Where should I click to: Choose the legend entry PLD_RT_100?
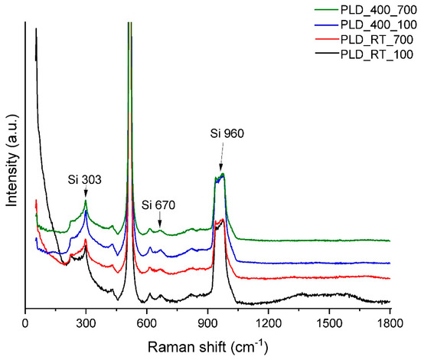[x=374, y=54]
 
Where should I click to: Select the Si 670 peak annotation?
[x=159, y=205]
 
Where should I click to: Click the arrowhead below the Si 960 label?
[x=221, y=169]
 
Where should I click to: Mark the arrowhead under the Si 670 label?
[x=159, y=223]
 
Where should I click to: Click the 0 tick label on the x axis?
[x=25, y=322]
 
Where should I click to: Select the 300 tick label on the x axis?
[x=86, y=322]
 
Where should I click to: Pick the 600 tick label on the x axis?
[x=147, y=322]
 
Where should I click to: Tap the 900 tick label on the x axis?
[x=207, y=322]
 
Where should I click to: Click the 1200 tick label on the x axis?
[x=268, y=322]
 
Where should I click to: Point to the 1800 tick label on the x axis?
[x=390, y=322]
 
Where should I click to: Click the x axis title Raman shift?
[x=207, y=345]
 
